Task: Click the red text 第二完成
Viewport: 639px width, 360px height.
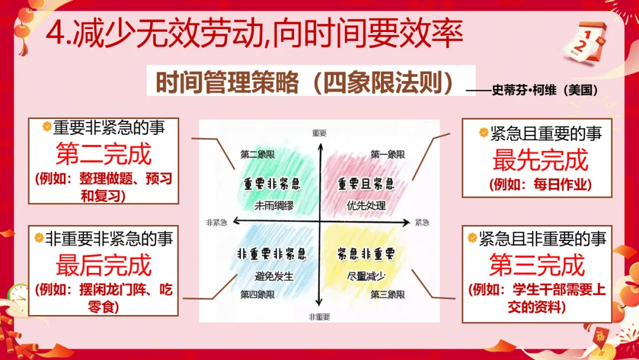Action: (104, 154)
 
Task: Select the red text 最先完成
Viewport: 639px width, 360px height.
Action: (540, 160)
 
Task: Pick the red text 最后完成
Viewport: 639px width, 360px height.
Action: (104, 265)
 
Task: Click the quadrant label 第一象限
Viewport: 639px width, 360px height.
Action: (388, 155)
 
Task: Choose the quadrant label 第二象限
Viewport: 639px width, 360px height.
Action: (257, 155)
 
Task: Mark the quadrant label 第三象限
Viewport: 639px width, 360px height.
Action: (388, 294)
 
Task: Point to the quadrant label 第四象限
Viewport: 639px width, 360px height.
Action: (257, 294)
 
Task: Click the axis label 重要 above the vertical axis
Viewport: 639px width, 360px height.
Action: (319, 133)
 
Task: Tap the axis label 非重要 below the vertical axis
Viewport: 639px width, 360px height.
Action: (319, 317)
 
